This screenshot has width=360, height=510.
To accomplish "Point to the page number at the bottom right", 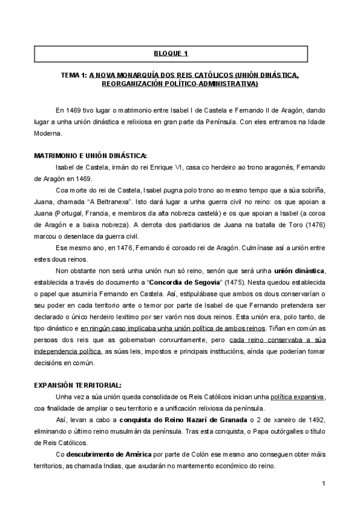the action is tap(323, 484).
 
